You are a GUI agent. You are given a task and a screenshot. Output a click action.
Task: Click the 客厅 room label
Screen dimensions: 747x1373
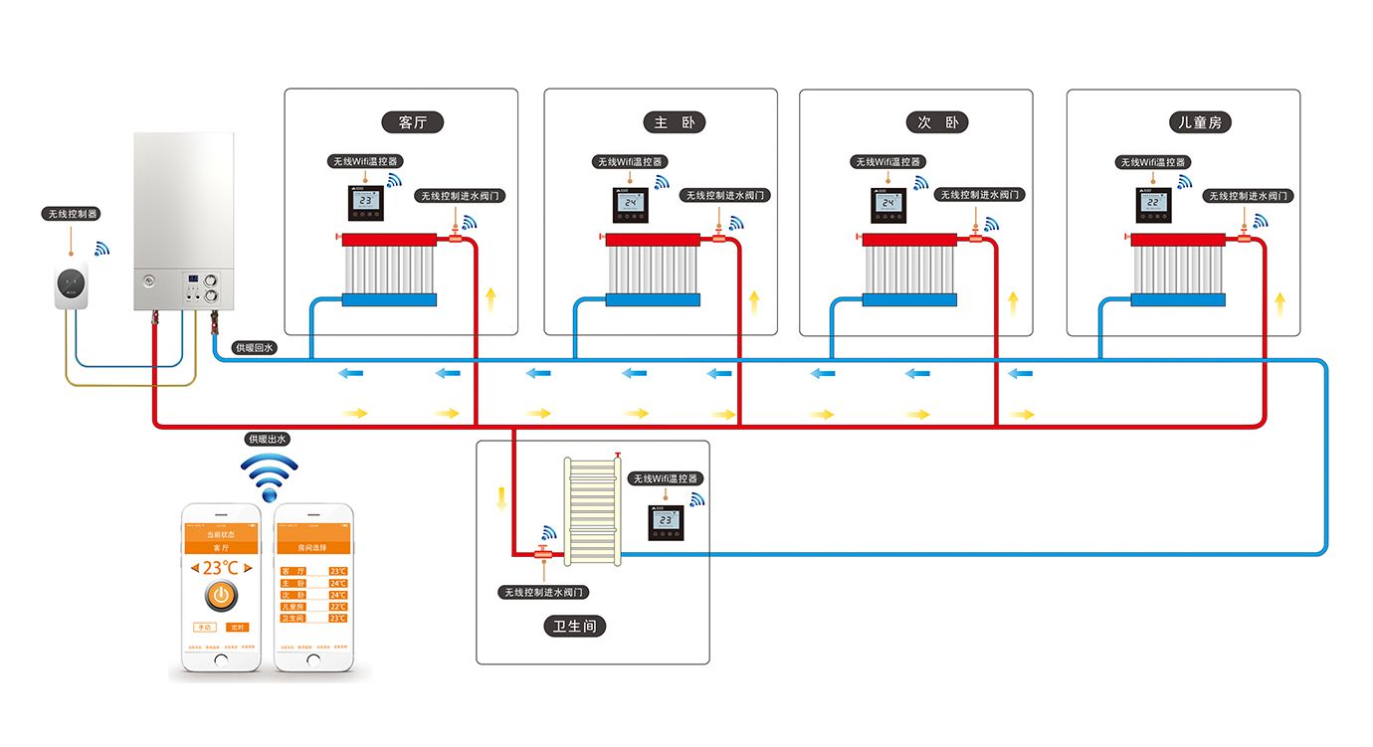pos(413,122)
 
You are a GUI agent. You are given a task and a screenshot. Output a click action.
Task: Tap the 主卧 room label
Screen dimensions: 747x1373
pos(674,122)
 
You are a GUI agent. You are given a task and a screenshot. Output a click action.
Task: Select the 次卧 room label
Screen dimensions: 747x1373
pos(936,122)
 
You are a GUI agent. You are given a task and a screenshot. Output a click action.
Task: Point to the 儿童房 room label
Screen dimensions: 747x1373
pos(1199,122)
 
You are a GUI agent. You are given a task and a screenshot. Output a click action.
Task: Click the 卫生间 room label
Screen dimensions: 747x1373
pos(574,627)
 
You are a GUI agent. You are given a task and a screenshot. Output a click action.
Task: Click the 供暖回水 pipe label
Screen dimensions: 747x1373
pos(254,348)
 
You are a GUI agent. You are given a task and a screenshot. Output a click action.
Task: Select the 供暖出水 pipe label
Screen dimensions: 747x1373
pos(268,439)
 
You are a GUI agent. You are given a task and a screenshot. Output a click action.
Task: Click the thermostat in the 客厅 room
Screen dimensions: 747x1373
pos(365,203)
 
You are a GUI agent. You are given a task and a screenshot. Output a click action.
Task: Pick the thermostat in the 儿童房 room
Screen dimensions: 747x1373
pos(1155,204)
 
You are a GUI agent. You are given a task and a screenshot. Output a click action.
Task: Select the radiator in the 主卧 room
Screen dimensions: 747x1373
pos(653,270)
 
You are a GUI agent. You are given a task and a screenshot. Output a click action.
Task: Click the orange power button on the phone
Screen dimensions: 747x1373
pos(220,597)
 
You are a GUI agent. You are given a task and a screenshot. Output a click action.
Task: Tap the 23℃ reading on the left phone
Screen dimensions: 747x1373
pos(220,567)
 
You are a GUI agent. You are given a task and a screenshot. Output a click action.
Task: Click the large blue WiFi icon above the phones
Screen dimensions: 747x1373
pos(270,477)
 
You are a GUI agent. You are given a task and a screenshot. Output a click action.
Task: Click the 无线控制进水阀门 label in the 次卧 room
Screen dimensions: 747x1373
pos(981,195)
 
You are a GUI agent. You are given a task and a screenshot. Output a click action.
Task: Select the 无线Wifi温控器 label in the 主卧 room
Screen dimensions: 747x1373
pos(630,161)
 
